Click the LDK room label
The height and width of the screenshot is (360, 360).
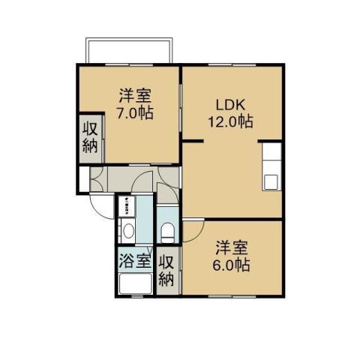[230, 105]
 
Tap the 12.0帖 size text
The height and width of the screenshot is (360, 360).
[230, 121]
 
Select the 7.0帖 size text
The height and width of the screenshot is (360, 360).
[135, 112]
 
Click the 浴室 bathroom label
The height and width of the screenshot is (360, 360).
[135, 260]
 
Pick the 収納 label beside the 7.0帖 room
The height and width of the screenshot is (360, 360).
[90, 137]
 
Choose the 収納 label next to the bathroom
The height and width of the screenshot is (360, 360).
[166, 271]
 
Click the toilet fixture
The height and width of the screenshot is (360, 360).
[168, 232]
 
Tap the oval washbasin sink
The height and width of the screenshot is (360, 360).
[129, 230]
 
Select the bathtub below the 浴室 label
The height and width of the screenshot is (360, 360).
[136, 283]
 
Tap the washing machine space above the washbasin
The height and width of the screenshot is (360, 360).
[127, 206]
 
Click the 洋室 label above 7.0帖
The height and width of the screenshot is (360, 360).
[135, 95]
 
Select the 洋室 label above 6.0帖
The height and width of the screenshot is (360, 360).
[232, 247]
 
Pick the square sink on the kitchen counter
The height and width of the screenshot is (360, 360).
[271, 182]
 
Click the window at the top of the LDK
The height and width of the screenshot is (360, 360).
[232, 65]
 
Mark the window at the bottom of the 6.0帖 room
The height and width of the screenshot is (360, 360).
[232, 296]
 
